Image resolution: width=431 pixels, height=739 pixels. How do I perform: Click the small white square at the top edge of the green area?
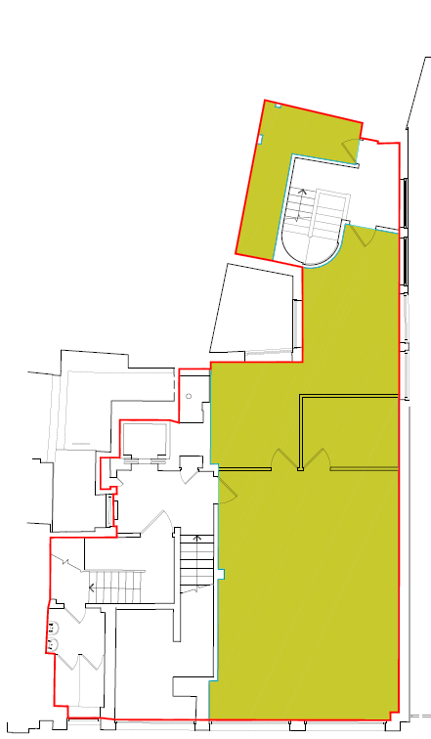[277, 106]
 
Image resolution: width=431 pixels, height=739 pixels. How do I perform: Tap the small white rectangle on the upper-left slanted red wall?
[261, 139]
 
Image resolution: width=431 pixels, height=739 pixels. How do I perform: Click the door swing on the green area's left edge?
[223, 489]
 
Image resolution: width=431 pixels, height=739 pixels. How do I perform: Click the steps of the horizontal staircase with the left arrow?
[117, 587]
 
